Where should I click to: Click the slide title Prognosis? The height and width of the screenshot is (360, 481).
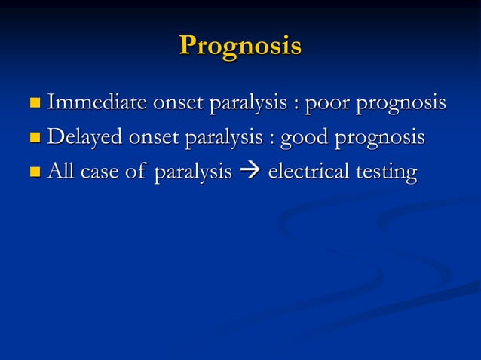240,46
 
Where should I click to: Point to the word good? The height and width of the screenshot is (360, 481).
306,138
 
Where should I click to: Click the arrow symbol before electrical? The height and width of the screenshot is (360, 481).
250,173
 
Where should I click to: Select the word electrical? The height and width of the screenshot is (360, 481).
308,172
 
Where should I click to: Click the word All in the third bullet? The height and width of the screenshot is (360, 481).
60,172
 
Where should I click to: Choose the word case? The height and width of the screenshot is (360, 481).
100,173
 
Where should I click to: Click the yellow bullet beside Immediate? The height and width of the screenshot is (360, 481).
35,103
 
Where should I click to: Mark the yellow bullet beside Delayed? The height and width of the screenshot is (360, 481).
35,139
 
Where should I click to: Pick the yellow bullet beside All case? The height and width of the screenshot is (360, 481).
35,174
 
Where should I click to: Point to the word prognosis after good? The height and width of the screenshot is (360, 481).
380,139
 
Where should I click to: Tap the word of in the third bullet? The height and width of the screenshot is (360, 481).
136,173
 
